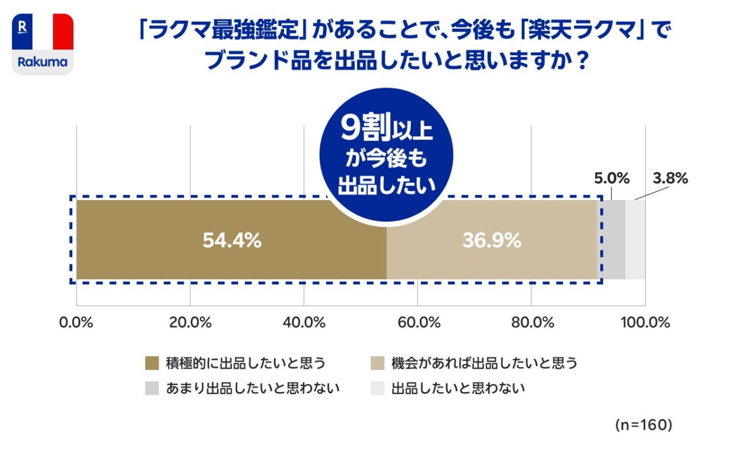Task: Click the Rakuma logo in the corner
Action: coord(43,44)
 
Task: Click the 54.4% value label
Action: coord(231,241)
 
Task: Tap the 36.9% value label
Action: coord(491,241)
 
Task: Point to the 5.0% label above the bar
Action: coord(611,179)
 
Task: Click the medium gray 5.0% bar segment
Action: coord(614,240)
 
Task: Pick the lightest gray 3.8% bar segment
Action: coord(635,240)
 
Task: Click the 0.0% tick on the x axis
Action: coord(77,323)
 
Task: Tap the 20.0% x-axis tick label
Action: coord(190,323)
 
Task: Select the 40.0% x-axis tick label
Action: coord(304,323)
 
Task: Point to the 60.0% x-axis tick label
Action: coord(418,323)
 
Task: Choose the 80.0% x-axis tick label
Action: coord(532,323)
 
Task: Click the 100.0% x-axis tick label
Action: coord(645,323)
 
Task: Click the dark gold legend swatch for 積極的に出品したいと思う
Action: coord(152,364)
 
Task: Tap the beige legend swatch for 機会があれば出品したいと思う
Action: coord(377,364)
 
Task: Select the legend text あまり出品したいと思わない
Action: coord(252,389)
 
